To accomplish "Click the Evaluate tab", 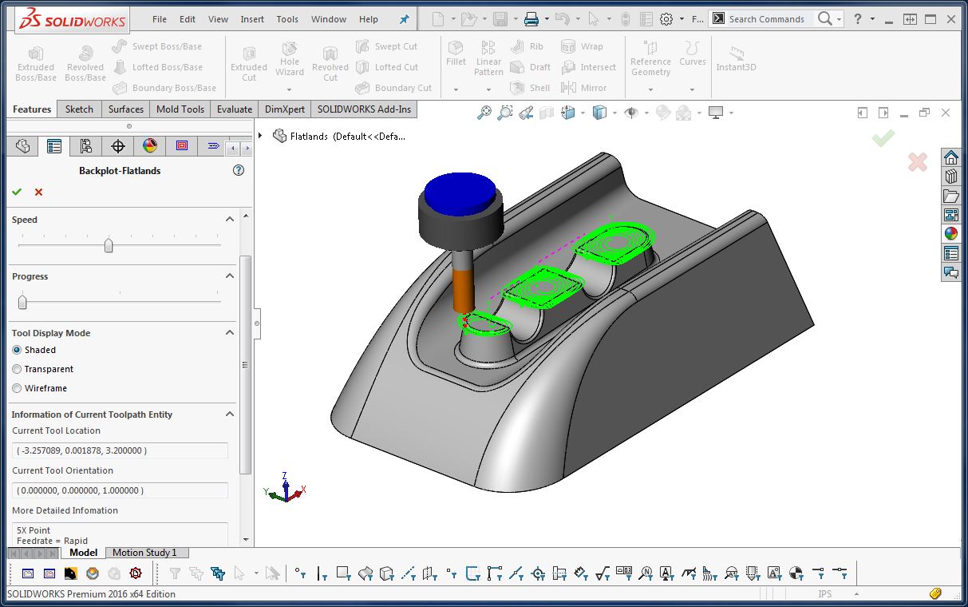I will coord(234,109).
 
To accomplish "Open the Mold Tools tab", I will coord(180,109).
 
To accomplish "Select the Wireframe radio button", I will coord(17,388).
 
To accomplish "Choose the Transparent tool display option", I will coord(17,369).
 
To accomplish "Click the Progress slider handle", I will coord(22,302).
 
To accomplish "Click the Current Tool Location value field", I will coord(120,450).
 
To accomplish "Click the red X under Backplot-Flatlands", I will coord(38,192).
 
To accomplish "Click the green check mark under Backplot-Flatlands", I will coord(17,192).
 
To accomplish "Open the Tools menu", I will coord(287,19).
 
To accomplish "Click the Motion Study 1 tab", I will coord(144,553).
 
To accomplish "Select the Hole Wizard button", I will coord(290,61).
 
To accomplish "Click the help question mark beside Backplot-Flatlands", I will coord(238,170).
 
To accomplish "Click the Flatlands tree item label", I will coord(348,137).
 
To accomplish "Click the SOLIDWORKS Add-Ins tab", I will coord(364,109).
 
